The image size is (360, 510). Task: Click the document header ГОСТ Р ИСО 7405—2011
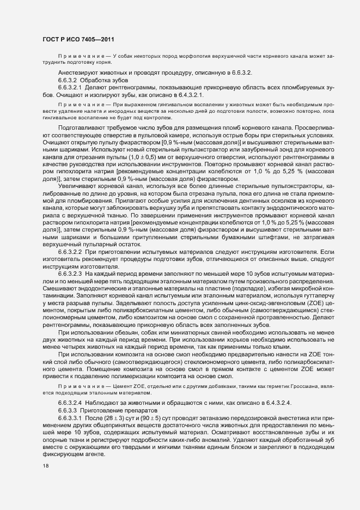tap(78, 39)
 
